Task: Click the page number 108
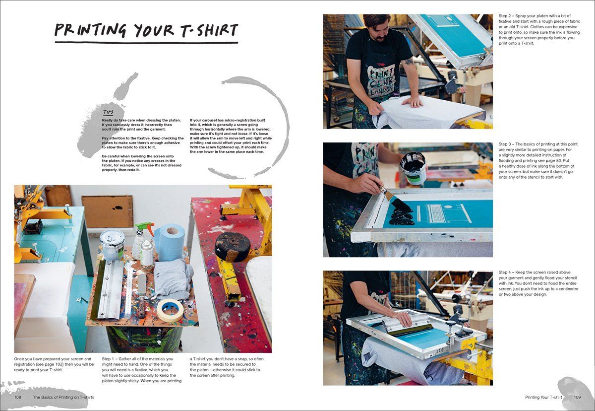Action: click(x=17, y=397)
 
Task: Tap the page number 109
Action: click(x=577, y=397)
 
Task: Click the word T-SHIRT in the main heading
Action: click(x=204, y=30)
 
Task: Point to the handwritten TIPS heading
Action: click(x=108, y=113)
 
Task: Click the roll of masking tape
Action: click(x=170, y=310)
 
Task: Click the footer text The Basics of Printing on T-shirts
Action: click(x=63, y=397)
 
